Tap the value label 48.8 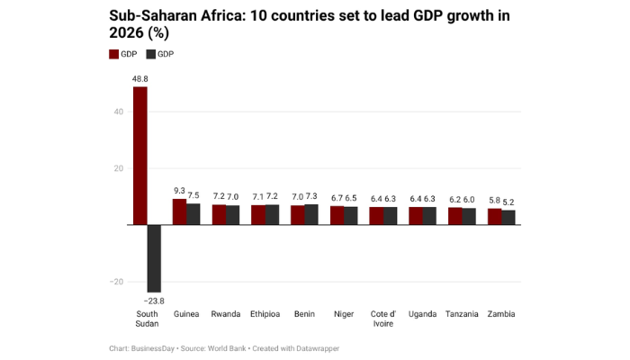pos(139,79)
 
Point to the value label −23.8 pos(154,300)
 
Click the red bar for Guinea pos(179,211)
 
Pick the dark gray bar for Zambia pos(508,217)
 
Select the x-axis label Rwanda pos(225,314)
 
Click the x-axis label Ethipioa pos(265,314)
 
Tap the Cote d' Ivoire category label pos(383,319)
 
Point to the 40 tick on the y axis pos(117,112)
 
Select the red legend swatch pos(113,55)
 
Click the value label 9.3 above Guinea pos(179,191)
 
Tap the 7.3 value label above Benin pos(311,196)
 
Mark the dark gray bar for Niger pos(351,215)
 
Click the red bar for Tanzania pos(455,216)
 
